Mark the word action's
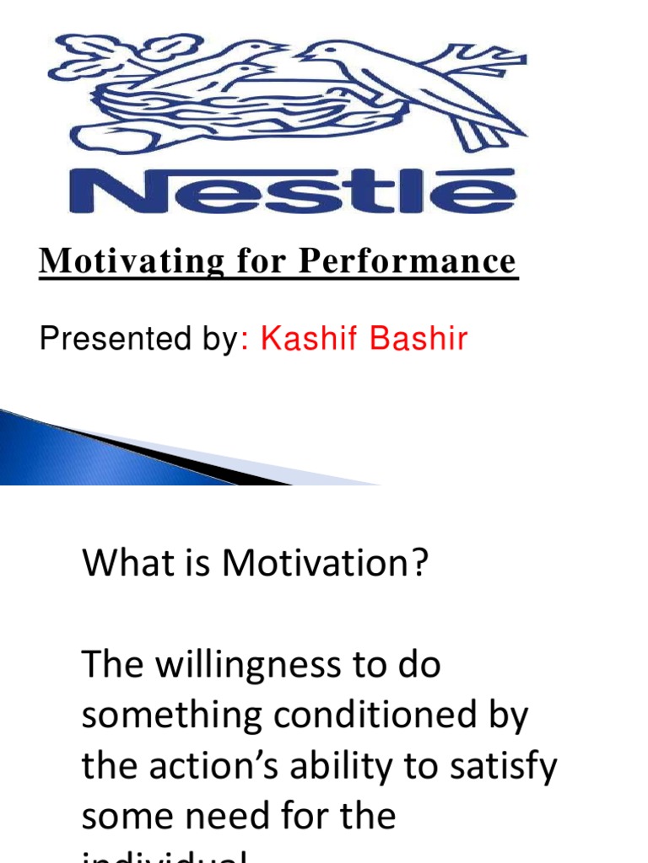pyautogui.click(x=224, y=767)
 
